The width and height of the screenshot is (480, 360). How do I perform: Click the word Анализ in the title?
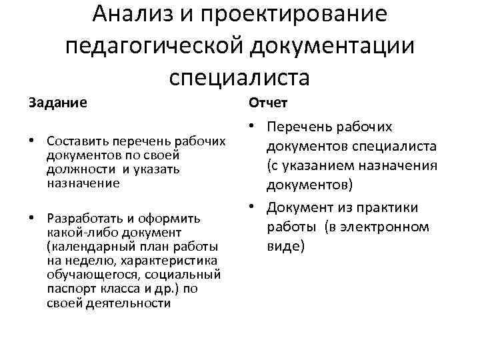(131, 15)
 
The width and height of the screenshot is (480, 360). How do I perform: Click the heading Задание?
(57, 103)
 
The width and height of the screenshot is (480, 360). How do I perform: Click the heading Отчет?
(268, 103)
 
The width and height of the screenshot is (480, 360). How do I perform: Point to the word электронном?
(389, 227)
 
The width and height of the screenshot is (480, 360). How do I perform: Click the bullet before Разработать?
(33, 218)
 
